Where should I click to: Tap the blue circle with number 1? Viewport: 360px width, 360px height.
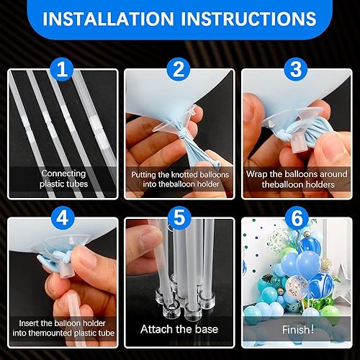coord(63,70)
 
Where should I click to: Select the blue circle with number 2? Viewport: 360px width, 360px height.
coord(179,70)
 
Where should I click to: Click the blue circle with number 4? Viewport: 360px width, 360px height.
coord(63,217)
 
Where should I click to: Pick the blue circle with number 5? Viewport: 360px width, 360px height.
coord(179,217)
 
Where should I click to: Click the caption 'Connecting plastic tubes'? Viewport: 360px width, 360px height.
coord(63,179)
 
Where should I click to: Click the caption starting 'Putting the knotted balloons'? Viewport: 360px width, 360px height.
coord(179,179)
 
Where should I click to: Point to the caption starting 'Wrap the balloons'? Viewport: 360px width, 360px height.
coord(296,179)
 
